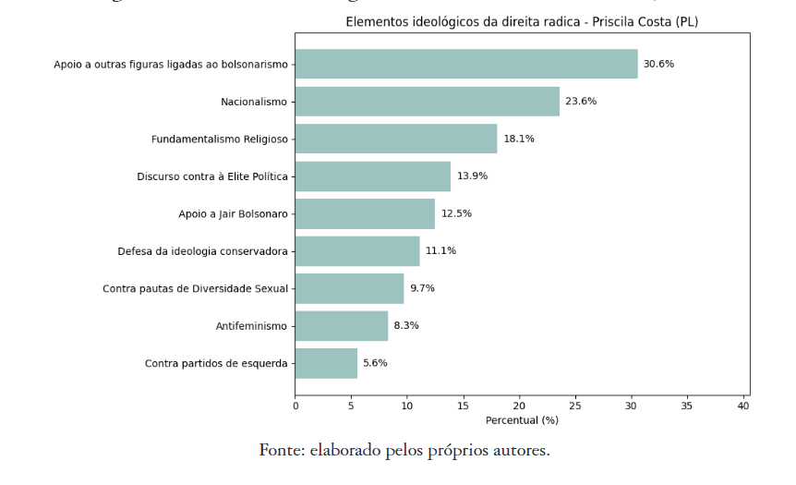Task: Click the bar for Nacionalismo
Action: click(x=427, y=102)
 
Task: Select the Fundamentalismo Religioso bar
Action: click(x=395, y=139)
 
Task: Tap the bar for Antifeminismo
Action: click(x=341, y=326)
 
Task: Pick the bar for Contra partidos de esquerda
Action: click(x=326, y=363)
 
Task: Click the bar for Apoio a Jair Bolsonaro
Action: click(x=365, y=213)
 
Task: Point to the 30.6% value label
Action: click(x=658, y=64)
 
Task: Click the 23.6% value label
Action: click(x=581, y=102)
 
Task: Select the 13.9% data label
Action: click(x=472, y=176)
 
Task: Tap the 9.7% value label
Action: click(x=422, y=288)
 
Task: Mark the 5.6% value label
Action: click(x=375, y=363)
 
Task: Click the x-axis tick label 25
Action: click(x=575, y=405)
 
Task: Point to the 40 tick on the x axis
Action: click(x=742, y=405)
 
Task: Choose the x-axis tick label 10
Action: click(x=407, y=405)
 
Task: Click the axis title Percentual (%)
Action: click(x=522, y=420)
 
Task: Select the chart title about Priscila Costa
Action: click(x=523, y=21)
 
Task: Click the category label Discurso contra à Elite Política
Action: click(x=212, y=176)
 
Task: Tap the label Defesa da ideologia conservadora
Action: click(x=202, y=251)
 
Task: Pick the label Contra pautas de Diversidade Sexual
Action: click(x=195, y=288)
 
